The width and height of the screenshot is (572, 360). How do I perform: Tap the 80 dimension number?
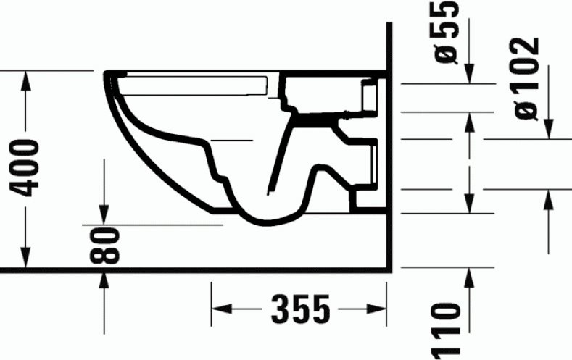tap(106, 246)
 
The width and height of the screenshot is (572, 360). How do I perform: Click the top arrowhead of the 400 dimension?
tap(28, 79)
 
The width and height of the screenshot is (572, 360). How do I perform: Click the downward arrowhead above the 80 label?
tap(106, 216)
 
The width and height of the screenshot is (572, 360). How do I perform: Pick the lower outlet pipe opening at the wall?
tap(370, 164)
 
